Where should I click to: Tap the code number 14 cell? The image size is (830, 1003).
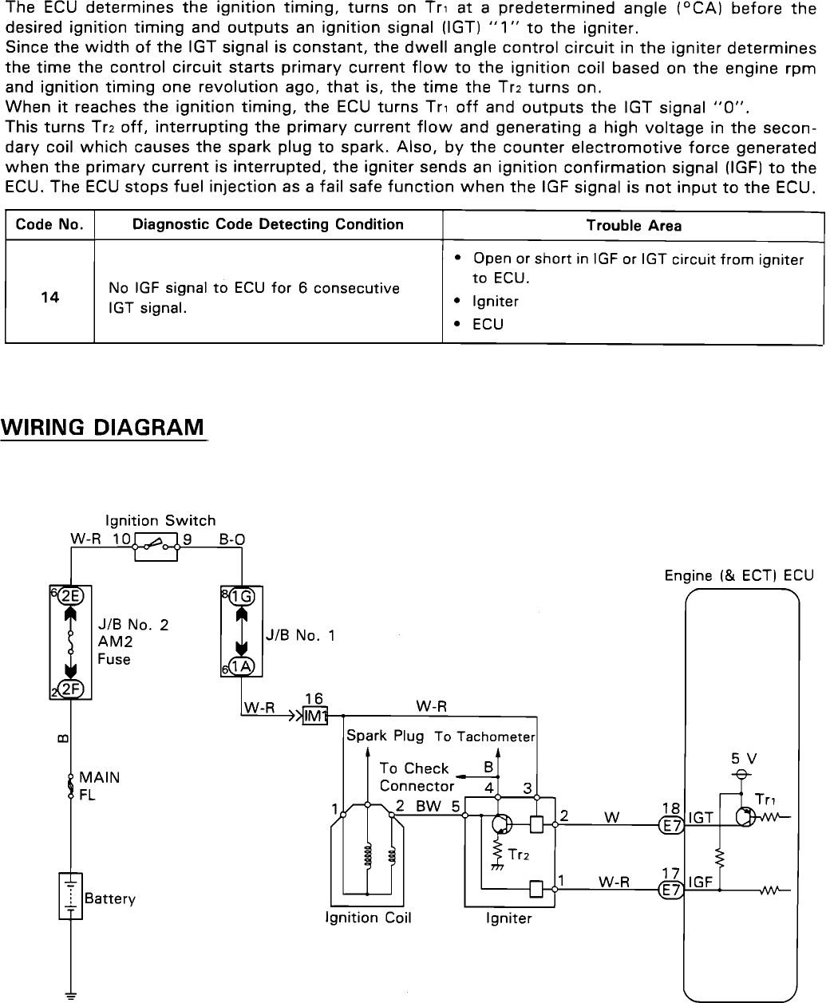49,298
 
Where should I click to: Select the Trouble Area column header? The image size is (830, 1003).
634,226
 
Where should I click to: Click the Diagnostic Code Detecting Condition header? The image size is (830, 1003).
267,224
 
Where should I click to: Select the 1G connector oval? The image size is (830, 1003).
240,596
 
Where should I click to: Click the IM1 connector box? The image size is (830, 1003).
316,715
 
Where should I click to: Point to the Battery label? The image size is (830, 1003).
109,899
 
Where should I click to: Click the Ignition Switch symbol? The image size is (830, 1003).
156,545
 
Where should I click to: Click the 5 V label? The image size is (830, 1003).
742,759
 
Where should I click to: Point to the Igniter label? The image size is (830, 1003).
508,918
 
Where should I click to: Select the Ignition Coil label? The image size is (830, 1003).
368,918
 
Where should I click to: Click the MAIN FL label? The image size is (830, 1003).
99,787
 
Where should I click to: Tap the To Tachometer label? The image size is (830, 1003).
484,736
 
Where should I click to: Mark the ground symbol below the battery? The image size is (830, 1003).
70,994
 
